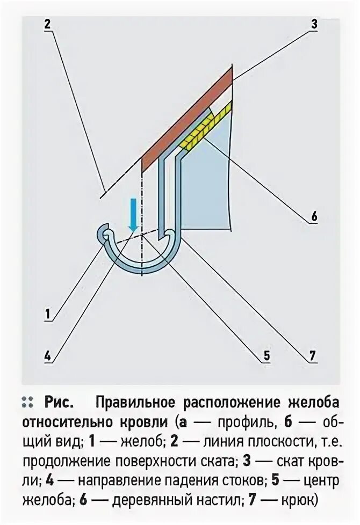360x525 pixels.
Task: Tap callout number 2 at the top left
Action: point(47,24)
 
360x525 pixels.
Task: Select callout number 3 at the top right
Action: point(314,24)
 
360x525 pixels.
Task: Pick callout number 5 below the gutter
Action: point(267,355)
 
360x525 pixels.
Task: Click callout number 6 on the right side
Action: point(314,217)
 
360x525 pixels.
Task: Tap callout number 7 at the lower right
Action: point(314,355)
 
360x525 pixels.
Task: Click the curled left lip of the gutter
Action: point(103,234)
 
